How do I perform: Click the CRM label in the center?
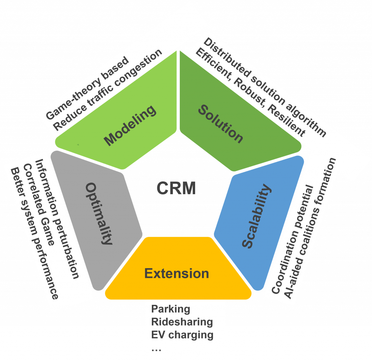pyautogui.click(x=176, y=188)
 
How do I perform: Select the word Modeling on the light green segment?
pyautogui.click(x=130, y=125)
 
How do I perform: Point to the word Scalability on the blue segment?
pyautogui.click(x=257, y=217)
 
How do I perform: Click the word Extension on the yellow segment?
pyautogui.click(x=177, y=273)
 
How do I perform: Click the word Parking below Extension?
pyautogui.click(x=171, y=309)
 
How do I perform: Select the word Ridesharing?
pyautogui.click(x=182, y=322)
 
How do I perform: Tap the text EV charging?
pyautogui.click(x=182, y=335)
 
